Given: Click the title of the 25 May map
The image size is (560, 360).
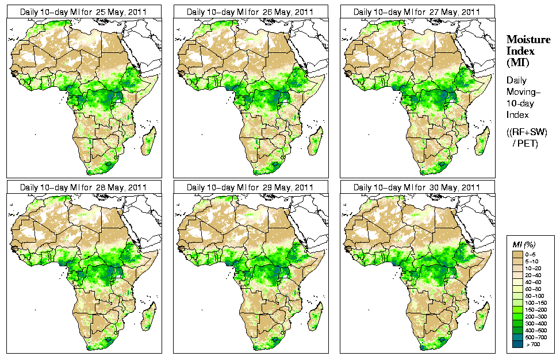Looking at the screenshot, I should [x=83, y=12].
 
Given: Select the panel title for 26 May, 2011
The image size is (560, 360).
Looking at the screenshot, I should [x=250, y=12].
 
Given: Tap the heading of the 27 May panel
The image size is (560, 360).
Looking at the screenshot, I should [x=417, y=12].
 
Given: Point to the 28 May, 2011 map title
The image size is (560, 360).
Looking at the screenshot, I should [x=83, y=187].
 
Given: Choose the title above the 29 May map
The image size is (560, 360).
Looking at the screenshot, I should [x=250, y=187].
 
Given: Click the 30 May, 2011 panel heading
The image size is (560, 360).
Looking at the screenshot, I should [x=417, y=187].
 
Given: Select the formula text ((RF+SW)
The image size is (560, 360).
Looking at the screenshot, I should [x=527, y=132].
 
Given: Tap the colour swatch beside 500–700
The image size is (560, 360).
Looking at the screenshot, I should [x=519, y=337].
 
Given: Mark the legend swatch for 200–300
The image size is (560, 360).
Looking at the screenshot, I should [x=519, y=316].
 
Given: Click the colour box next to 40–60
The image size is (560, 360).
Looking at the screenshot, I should [x=519, y=282].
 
